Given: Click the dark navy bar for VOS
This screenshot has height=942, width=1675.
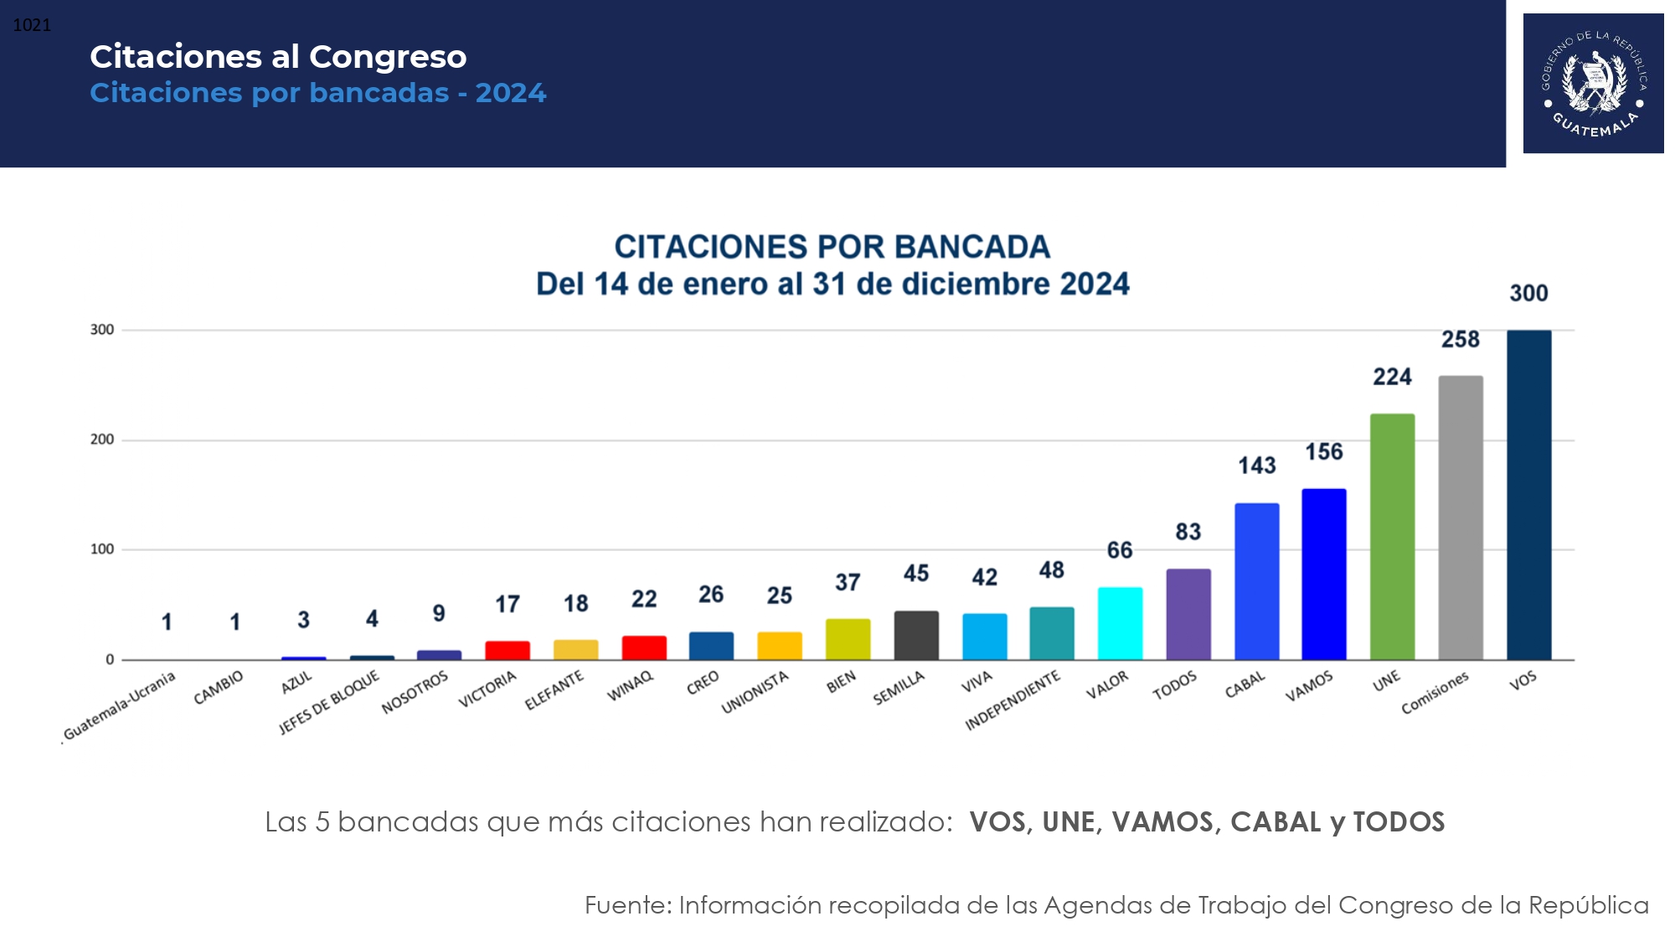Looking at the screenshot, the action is [1528, 495].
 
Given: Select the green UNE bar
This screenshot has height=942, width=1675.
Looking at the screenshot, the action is [1392, 537].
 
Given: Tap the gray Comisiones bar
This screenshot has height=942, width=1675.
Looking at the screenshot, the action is [1461, 517].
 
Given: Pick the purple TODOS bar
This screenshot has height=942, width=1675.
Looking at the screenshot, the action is [1188, 615].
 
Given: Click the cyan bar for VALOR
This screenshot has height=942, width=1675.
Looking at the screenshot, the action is [1120, 624].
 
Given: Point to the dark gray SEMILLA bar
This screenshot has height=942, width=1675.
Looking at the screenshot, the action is [916, 636].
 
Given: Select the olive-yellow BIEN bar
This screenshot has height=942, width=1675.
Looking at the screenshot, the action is [848, 640].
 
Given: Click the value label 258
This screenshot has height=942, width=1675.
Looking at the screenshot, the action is [1461, 339].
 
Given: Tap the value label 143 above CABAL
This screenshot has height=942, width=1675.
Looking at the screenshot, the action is [1257, 466].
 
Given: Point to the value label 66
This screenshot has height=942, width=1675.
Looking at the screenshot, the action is [1120, 550].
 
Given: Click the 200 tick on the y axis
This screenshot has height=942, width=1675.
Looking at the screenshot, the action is [102, 440].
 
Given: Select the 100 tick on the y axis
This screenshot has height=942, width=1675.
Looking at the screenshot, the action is [102, 549].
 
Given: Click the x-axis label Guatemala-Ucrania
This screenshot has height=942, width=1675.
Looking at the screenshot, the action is [119, 706].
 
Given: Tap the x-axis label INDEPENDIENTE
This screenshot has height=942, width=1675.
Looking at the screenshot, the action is [1013, 700].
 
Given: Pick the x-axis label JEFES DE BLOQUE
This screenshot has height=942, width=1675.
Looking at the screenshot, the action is [329, 702].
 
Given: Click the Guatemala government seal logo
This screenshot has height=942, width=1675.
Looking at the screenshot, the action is [1593, 83].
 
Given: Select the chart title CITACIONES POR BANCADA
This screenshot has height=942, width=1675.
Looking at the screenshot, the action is [832, 247].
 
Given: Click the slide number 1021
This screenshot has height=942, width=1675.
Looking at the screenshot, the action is [32, 25].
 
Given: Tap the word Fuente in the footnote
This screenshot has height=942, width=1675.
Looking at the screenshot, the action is [627, 905].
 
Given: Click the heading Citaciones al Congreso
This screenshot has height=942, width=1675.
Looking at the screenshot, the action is [278, 57].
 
